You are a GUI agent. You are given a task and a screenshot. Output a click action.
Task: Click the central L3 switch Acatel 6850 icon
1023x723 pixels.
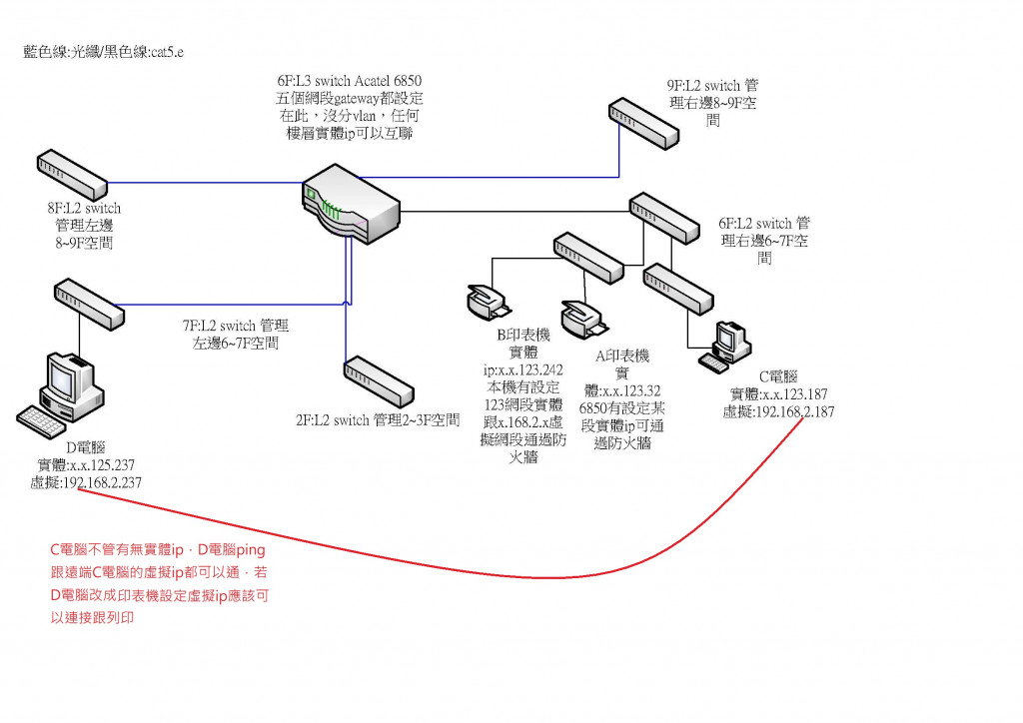pos(350,211)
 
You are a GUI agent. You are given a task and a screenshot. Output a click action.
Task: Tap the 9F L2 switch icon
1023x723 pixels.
pos(646,121)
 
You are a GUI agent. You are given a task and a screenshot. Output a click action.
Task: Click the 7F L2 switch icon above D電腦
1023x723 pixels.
pos(89,304)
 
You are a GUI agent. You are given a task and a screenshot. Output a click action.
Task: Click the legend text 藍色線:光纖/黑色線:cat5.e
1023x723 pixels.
pos(104,51)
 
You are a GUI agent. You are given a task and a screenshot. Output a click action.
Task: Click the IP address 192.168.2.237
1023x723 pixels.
pos(86,483)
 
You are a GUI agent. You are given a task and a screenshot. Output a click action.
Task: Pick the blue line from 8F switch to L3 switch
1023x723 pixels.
pos(200,183)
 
